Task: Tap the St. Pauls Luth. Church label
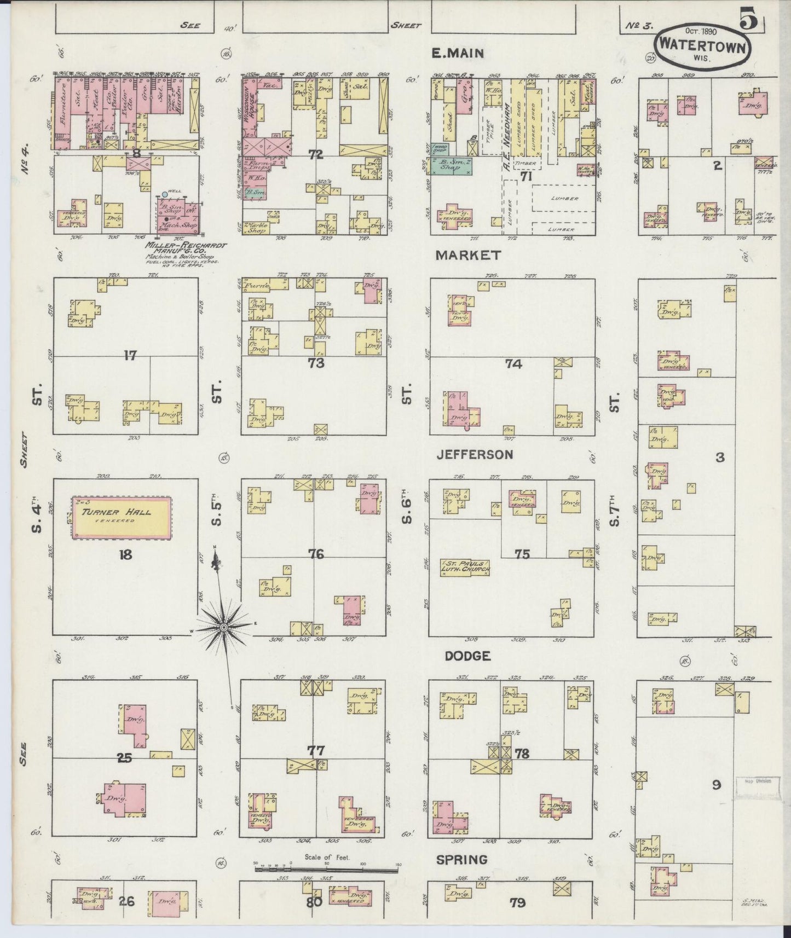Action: click(x=464, y=568)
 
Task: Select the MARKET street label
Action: click(x=468, y=255)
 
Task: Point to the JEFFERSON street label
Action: click(x=474, y=454)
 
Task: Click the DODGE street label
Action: click(x=467, y=656)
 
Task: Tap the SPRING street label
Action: click(x=462, y=860)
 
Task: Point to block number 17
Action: click(x=129, y=356)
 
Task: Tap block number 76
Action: click(x=315, y=554)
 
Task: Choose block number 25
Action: click(x=125, y=757)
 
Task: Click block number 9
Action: click(x=716, y=785)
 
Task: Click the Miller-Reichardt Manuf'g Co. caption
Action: click(x=182, y=250)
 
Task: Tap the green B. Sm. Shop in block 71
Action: click(x=452, y=165)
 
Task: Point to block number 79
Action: click(x=517, y=902)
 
